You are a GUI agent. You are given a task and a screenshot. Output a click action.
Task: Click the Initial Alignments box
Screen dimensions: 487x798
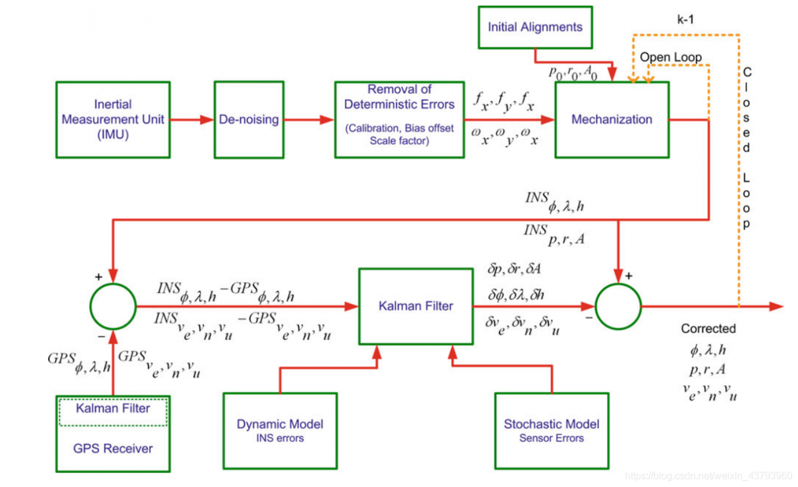(x=535, y=27)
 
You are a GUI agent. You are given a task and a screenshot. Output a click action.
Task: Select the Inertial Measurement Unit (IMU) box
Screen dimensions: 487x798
(x=113, y=119)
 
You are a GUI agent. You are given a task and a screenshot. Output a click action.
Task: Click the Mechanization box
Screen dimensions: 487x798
(x=612, y=119)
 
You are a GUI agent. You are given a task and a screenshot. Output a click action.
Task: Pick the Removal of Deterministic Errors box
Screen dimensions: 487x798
(x=399, y=119)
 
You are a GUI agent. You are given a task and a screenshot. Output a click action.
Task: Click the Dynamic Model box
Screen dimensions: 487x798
(x=280, y=430)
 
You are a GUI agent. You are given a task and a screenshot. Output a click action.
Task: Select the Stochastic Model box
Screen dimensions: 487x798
(x=551, y=430)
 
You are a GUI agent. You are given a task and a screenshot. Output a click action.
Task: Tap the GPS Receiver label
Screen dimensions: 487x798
(x=113, y=448)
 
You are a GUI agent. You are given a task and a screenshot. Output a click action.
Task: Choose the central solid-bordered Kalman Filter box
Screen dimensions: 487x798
(x=416, y=306)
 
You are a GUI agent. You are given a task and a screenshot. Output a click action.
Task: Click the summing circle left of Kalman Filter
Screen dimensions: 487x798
(x=113, y=306)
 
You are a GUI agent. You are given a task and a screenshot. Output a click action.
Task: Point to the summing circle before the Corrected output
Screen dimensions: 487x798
(x=618, y=306)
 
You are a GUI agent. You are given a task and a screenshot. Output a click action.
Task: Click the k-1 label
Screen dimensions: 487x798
(x=685, y=19)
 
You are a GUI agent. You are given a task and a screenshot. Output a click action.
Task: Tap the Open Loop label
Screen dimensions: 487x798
(x=670, y=57)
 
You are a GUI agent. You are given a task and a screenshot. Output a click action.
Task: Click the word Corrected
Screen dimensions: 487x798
(x=708, y=329)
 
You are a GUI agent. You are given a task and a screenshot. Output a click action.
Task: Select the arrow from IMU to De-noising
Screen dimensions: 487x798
(x=192, y=119)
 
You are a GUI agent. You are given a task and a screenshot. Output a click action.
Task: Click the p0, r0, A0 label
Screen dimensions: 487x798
(x=573, y=72)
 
